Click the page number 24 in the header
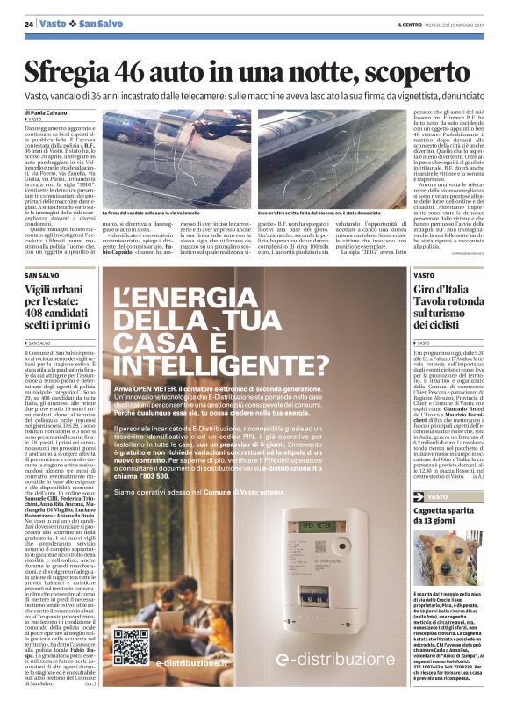coord(29,23)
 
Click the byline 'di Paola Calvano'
coord(45,112)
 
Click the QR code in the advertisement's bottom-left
coord(131,646)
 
